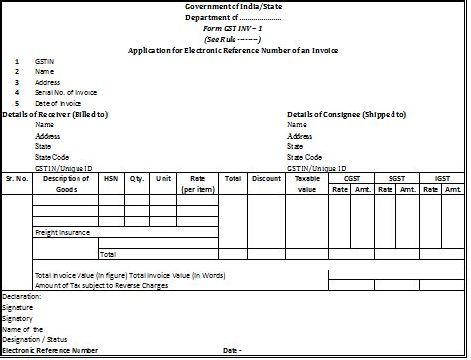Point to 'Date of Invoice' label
click(61, 103)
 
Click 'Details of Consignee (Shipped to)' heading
click(347, 114)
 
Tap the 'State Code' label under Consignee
click(304, 157)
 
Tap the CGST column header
click(352, 178)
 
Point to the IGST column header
click(442, 178)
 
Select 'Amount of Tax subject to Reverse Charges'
click(102, 285)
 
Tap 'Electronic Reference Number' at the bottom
click(51, 350)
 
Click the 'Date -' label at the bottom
click(233, 350)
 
